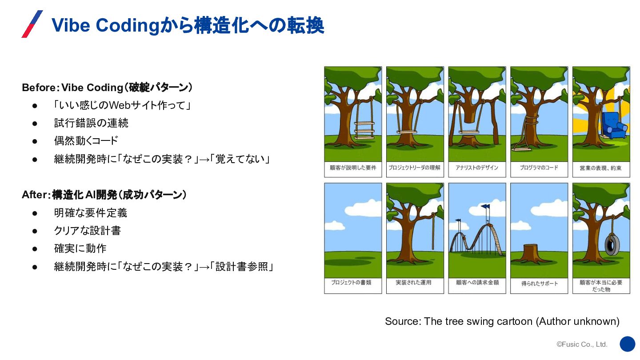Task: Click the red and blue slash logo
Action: pyautogui.click(x=32, y=24)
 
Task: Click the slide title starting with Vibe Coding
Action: pyautogui.click(x=188, y=26)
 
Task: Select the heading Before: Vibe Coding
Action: pyautogui.click(x=107, y=88)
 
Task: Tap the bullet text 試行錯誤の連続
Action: pyautogui.click(x=91, y=123)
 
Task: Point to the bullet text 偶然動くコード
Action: pyautogui.click(x=86, y=141)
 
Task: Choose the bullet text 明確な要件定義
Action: pyautogui.click(x=91, y=213)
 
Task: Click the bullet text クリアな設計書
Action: pyautogui.click(x=88, y=231)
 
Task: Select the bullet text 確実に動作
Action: pyautogui.click(x=80, y=248)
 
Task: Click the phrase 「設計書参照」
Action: pyautogui.click(x=242, y=267)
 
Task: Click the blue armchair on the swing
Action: pyautogui.click(x=613, y=125)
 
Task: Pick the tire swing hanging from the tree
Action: pyautogui.click(x=612, y=245)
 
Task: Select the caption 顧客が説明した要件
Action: pyautogui.click(x=353, y=168)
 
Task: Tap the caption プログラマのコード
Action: pyautogui.click(x=539, y=168)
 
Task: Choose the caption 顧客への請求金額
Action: pyautogui.click(x=477, y=282)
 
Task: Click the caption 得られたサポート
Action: pyautogui.click(x=539, y=283)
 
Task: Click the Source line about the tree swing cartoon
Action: pyautogui.click(x=502, y=321)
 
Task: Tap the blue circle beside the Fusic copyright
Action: pyautogui.click(x=628, y=344)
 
